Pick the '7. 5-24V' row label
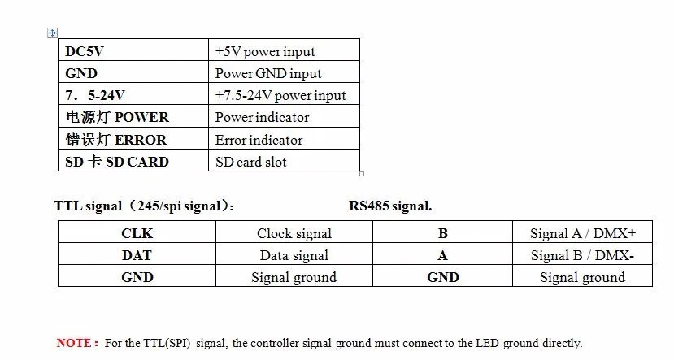pos(95,95)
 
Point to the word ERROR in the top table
pos(141,140)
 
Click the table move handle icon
pos(52,33)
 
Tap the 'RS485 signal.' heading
pos(390,206)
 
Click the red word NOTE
pos(74,343)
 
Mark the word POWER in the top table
pos(141,117)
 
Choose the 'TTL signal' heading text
pos(88,206)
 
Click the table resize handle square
pos(362,174)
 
